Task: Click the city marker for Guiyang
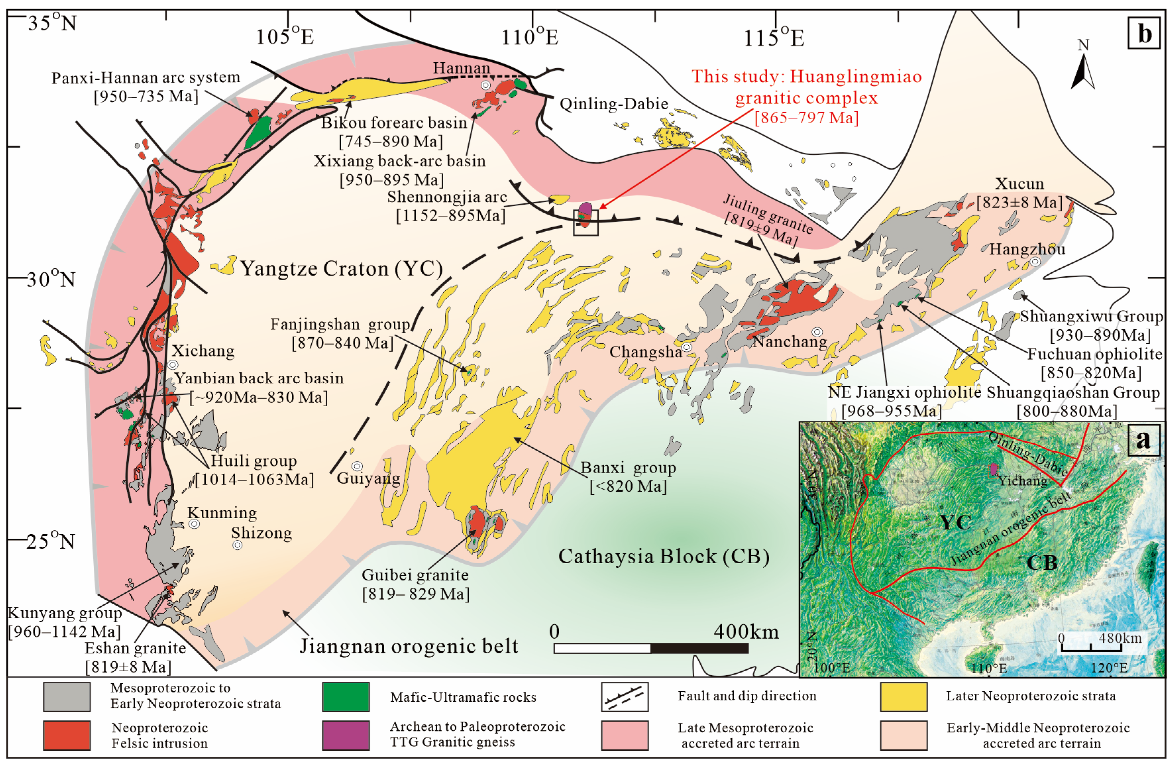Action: click(x=357, y=466)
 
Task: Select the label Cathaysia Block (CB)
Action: click(x=664, y=557)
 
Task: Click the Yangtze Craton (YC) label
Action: click(x=341, y=269)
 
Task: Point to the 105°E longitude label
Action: click(x=285, y=36)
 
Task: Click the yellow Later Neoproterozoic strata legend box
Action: click(x=903, y=697)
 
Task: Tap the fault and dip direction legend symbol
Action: click(x=624, y=697)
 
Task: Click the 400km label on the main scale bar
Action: click(x=746, y=632)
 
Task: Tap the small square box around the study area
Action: click(x=586, y=223)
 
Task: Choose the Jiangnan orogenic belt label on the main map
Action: click(x=409, y=646)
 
